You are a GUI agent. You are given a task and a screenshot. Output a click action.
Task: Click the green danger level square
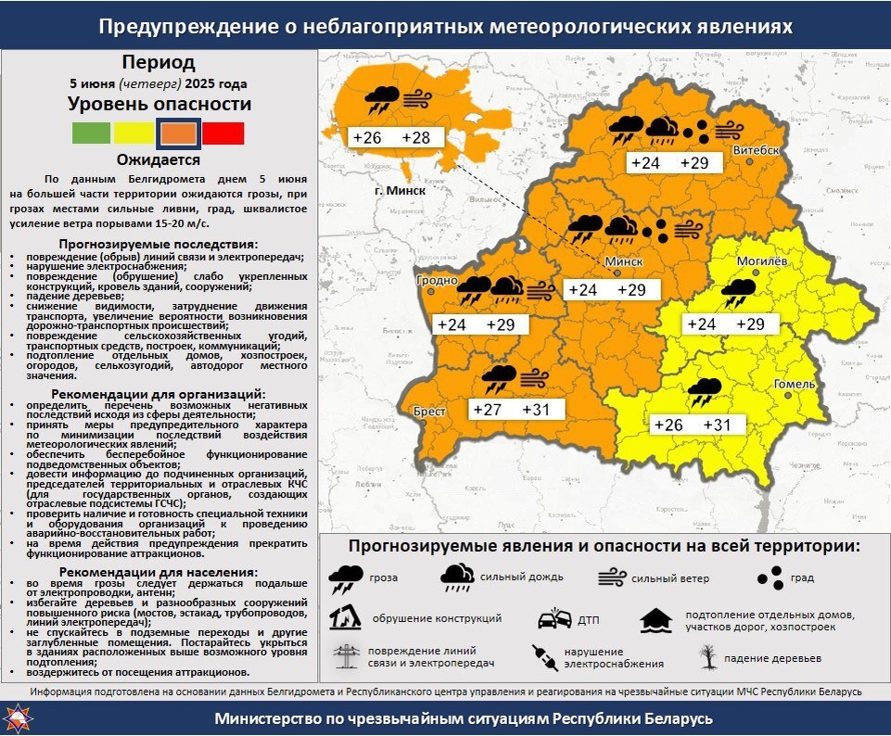[91, 133]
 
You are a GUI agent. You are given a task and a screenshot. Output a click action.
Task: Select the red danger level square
[223, 133]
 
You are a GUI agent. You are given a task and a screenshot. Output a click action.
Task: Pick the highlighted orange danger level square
[178, 133]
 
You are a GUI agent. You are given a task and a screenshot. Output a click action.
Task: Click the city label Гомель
[794, 385]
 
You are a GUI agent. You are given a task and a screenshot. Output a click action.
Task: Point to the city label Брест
[429, 411]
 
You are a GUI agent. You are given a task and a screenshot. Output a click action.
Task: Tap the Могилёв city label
[761, 260]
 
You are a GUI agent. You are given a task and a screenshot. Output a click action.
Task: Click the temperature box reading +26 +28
[391, 138]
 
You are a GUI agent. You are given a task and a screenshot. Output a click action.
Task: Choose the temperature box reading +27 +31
[511, 410]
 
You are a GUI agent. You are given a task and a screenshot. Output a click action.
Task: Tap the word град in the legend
[802, 577]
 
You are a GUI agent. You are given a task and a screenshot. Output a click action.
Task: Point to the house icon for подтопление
[656, 619]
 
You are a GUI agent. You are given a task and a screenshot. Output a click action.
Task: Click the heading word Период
[158, 63]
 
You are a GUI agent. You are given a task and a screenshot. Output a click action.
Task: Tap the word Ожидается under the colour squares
[158, 159]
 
